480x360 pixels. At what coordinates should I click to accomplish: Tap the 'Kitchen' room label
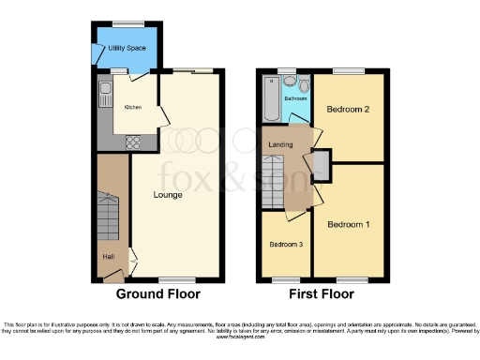(134, 106)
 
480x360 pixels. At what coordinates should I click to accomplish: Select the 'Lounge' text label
(168, 195)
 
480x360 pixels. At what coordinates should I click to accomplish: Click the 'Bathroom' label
(297, 97)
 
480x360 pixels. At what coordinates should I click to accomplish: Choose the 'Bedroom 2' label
(347, 110)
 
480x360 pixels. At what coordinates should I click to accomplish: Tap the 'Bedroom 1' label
(348, 224)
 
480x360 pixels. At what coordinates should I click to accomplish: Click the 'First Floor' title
(322, 293)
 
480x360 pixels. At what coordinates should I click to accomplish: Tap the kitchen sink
(105, 93)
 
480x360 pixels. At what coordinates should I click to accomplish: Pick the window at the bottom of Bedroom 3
(286, 279)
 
